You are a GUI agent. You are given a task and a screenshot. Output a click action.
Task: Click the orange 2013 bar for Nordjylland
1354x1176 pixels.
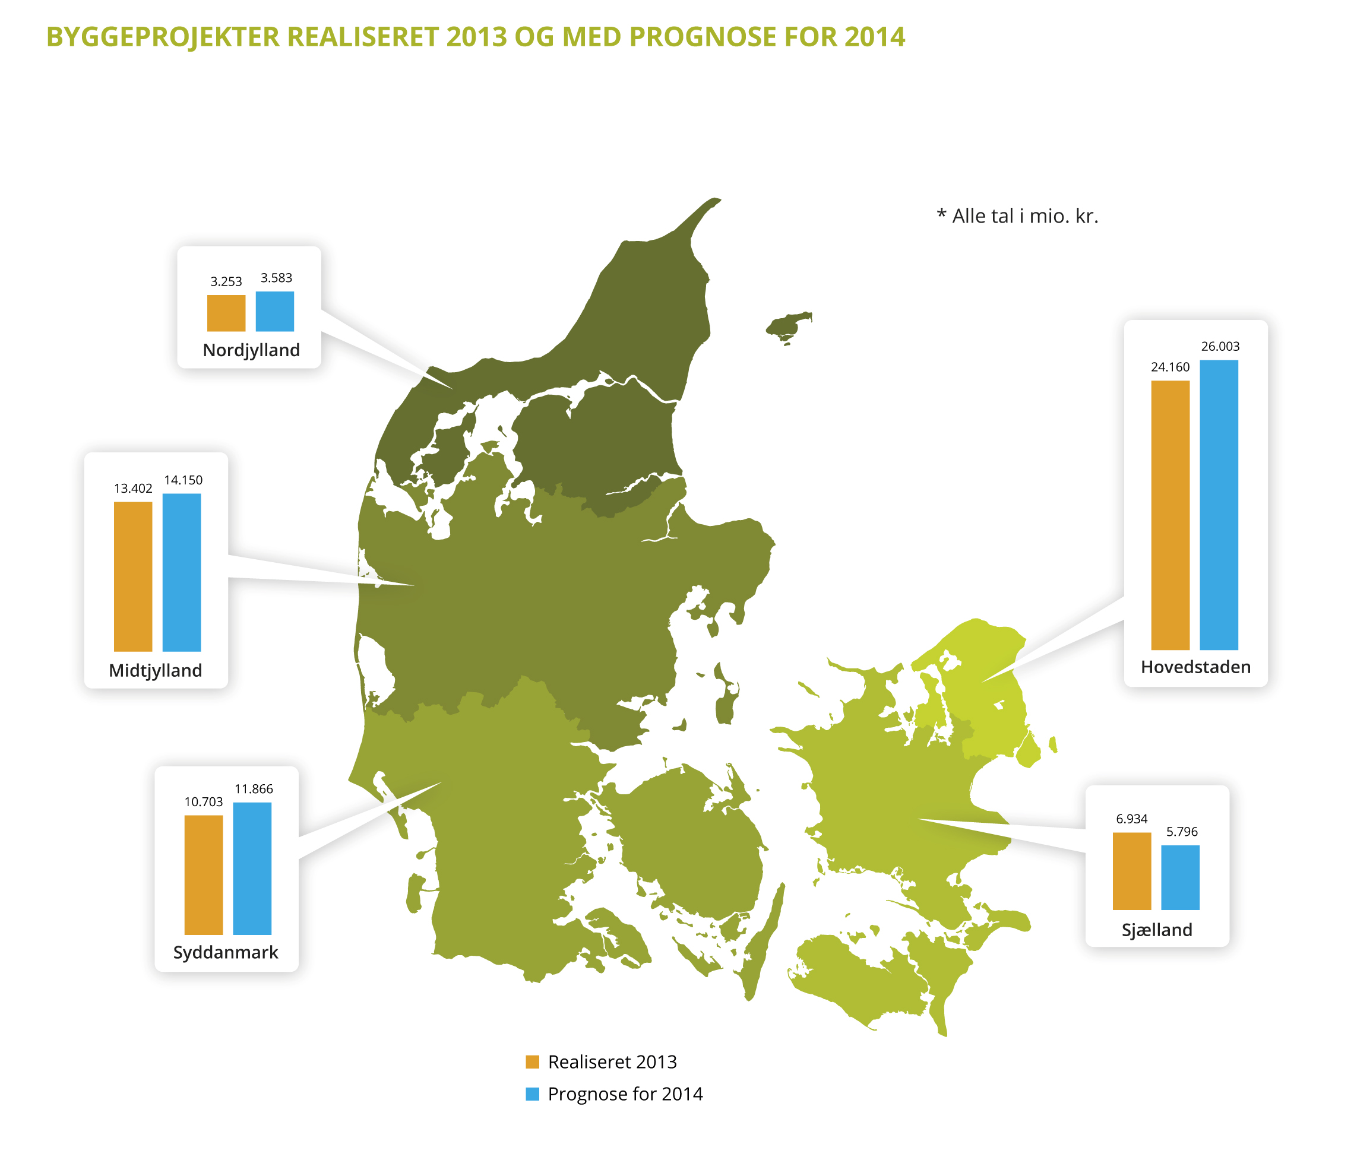(226, 313)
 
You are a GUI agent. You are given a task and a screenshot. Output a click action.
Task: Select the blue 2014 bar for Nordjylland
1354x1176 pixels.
(274, 311)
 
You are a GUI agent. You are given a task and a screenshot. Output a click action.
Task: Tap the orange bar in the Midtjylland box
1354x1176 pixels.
(132, 576)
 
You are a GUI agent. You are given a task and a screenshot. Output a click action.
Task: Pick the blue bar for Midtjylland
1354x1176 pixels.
(181, 572)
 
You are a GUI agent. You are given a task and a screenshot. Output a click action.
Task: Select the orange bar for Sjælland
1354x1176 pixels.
(1131, 871)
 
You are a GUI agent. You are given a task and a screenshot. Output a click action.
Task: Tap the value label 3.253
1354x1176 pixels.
(226, 281)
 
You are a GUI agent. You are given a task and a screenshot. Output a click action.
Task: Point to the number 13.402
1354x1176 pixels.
(132, 488)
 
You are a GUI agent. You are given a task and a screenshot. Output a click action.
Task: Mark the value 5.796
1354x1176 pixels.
(1181, 832)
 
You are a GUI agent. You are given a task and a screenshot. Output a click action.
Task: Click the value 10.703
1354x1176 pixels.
(204, 802)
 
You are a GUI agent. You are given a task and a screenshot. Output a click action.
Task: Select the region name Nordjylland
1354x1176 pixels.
(251, 350)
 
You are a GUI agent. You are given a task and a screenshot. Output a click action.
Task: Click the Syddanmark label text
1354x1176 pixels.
(225, 952)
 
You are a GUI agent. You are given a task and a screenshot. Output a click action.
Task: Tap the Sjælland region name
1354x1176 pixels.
(1156, 930)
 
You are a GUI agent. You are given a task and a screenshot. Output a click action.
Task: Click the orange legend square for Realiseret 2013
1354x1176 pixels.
(532, 1062)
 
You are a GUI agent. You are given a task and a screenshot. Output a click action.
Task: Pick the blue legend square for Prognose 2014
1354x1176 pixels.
(532, 1094)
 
